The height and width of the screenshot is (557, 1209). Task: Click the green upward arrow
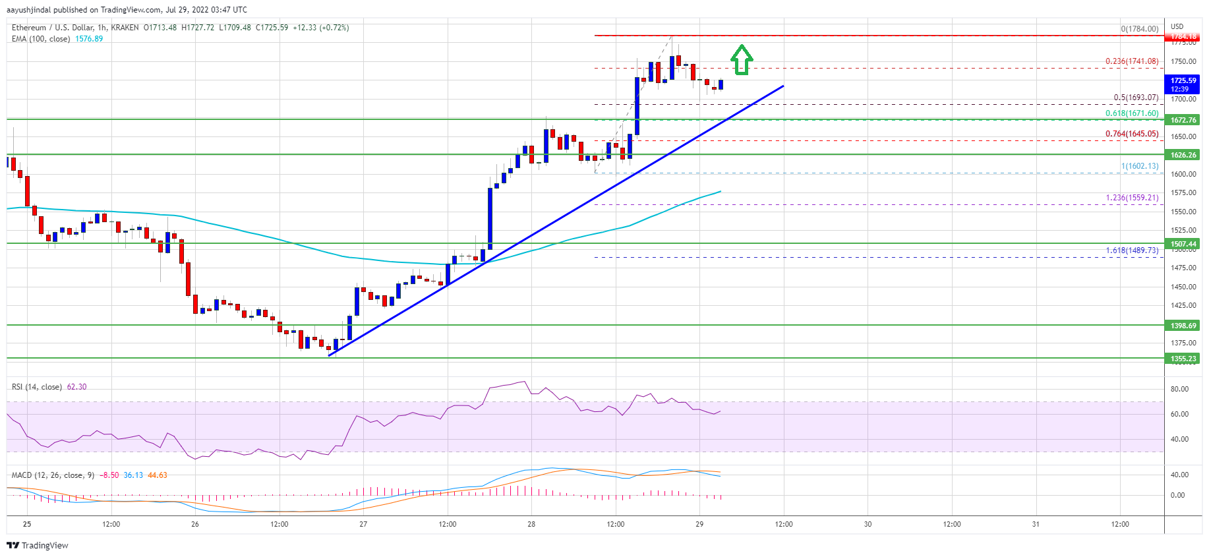742,59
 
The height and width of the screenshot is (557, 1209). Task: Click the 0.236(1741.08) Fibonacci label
1131,61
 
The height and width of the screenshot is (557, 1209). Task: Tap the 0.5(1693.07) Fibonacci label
1135,98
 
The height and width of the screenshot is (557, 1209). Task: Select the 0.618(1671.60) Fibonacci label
1131,113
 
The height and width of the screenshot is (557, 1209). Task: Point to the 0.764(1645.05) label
1131,134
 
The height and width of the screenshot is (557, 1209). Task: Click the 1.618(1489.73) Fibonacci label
1131,250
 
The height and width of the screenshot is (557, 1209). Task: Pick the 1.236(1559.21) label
1131,198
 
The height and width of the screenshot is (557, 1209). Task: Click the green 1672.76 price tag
1183,120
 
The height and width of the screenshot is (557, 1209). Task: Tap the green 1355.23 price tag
1183,359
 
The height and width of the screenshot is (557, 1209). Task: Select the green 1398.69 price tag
1183,326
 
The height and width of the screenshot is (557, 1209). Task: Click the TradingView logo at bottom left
38,545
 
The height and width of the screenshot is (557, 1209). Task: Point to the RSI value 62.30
76,387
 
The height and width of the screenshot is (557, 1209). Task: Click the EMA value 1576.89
89,39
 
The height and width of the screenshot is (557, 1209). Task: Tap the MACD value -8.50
109,475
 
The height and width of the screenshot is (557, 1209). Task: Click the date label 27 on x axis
363,525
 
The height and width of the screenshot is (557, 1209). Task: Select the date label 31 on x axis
1036,525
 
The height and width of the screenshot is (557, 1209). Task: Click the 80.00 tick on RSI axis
1179,390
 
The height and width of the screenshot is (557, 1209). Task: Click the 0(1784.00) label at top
1139,29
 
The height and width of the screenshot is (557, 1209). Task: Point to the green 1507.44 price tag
1183,244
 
